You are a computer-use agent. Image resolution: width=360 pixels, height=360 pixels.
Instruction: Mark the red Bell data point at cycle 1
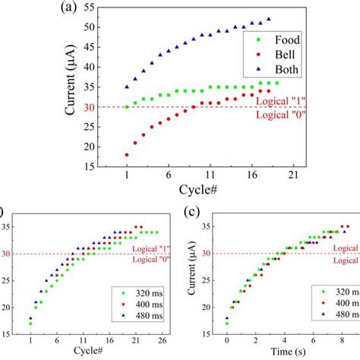[127, 154]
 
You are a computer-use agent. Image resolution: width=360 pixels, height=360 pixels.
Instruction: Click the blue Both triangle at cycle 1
[127, 87]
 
